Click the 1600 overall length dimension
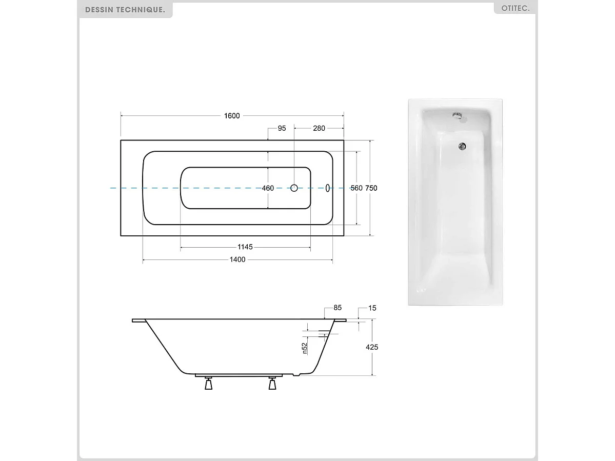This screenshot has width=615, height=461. tap(232, 116)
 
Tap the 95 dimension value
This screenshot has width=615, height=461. tap(282, 128)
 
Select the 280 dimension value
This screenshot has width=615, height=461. tap(319, 128)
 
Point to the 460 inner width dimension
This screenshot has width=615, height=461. tap(268, 188)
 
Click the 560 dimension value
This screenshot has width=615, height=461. tap(356, 188)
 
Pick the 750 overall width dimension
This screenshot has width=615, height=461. tap(371, 188)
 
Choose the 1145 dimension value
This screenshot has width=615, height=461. tap(245, 247)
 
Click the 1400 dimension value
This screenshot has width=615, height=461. tap(237, 259)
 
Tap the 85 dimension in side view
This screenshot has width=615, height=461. tap(338, 308)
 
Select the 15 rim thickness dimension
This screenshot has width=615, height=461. tap(372, 308)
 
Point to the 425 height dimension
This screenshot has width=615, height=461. tap(372, 347)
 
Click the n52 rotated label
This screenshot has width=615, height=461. tap(304, 348)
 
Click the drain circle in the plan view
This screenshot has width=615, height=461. tap(294, 188)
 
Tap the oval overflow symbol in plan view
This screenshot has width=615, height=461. tap(328, 188)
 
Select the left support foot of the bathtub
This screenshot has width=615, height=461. tap(208, 383)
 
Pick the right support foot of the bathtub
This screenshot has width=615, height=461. tap(272, 383)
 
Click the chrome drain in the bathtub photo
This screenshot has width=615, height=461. tap(462, 146)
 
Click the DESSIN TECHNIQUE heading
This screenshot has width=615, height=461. tap(125, 10)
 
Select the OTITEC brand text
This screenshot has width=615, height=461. tap(515, 9)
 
